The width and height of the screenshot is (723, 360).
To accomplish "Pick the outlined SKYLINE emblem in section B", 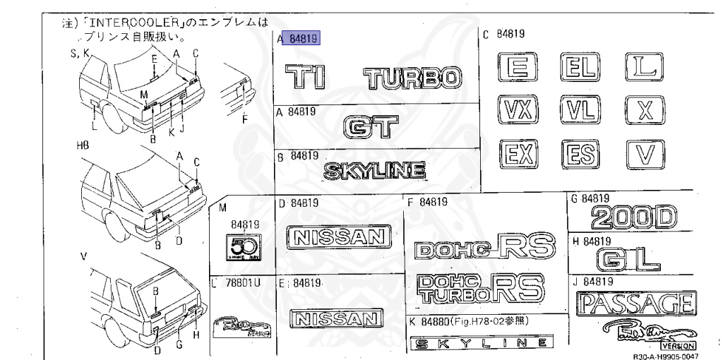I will coord(375,171).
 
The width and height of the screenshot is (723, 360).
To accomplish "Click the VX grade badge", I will coord(518,111).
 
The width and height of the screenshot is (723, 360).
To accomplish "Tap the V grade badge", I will coord(645,154).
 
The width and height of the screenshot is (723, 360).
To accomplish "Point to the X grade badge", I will coord(645,111).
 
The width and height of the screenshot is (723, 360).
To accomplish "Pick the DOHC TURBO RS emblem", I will coord(479,289).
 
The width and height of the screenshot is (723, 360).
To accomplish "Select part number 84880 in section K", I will coord(435,321).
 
